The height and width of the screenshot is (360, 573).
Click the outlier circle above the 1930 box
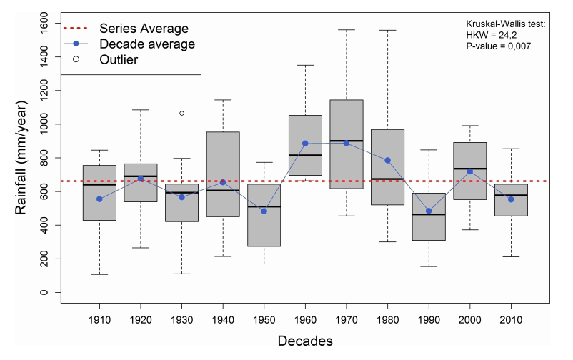point(181,113)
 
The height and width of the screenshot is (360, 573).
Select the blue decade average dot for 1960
point(305,144)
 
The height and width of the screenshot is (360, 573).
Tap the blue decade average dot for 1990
point(429,211)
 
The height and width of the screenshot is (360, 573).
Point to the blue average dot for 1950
point(264,211)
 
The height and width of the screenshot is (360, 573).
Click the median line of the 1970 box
point(346,141)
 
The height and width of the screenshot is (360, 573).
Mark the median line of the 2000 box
point(469,169)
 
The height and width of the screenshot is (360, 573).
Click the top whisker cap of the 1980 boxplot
point(387,30)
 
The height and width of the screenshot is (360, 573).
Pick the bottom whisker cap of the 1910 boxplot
point(99,274)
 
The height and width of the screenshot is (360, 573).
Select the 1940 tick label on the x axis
point(222,321)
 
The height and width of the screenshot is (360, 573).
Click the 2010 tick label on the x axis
point(510,321)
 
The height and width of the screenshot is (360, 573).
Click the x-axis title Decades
point(305,342)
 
